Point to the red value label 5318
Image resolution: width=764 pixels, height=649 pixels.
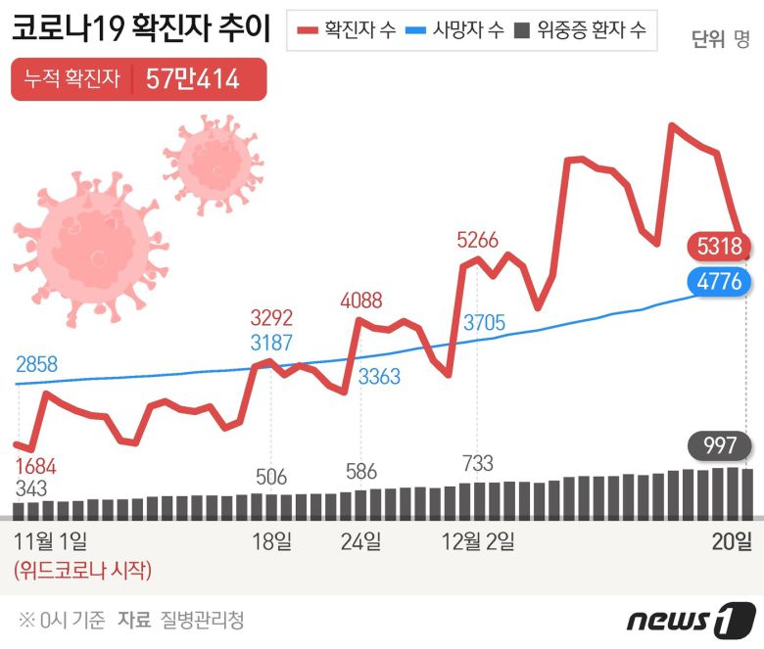(x=718, y=245)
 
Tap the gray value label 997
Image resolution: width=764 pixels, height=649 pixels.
(x=720, y=445)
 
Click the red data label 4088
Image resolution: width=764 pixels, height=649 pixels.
(x=360, y=301)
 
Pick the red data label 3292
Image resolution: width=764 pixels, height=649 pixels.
(x=271, y=318)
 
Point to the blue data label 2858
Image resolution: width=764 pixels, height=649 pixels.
(x=36, y=365)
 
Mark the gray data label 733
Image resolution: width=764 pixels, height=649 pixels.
(x=477, y=463)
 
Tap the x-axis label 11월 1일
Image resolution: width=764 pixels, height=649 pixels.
(x=50, y=541)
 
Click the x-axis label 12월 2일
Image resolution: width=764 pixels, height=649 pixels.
(x=479, y=541)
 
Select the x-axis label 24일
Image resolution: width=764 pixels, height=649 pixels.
(x=360, y=541)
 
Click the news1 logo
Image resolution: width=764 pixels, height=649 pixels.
(x=692, y=620)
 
